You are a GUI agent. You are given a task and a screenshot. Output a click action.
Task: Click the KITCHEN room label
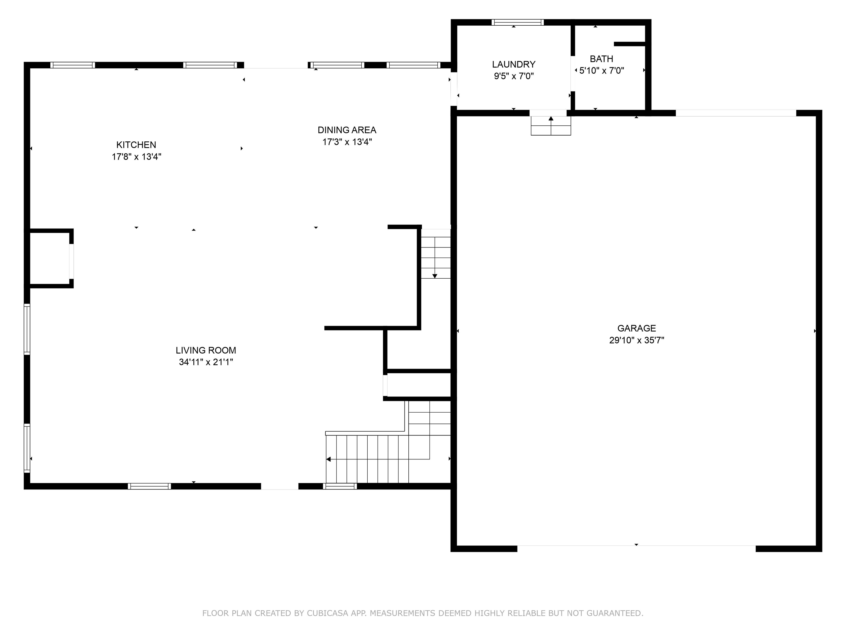(136, 145)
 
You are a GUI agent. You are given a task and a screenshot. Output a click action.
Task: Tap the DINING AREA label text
(347, 130)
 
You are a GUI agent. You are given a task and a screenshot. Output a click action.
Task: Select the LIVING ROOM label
(206, 350)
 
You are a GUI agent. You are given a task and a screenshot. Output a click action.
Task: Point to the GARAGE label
(636, 328)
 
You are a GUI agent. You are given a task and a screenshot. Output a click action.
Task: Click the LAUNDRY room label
(514, 64)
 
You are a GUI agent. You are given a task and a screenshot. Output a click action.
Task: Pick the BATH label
(601, 59)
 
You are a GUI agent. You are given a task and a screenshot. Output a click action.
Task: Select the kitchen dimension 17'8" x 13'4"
(136, 157)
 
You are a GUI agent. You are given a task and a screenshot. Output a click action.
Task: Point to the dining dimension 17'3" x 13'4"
(347, 142)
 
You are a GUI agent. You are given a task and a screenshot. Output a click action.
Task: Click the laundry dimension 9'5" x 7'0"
(514, 76)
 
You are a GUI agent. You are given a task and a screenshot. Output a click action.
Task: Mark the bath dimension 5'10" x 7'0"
(601, 71)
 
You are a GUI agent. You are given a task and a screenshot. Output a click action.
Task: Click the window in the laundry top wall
(517, 22)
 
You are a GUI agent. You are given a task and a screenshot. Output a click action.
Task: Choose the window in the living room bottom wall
(149, 486)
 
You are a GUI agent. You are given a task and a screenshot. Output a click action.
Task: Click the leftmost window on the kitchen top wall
(73, 65)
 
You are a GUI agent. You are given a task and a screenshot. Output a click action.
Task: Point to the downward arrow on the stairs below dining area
(435, 276)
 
